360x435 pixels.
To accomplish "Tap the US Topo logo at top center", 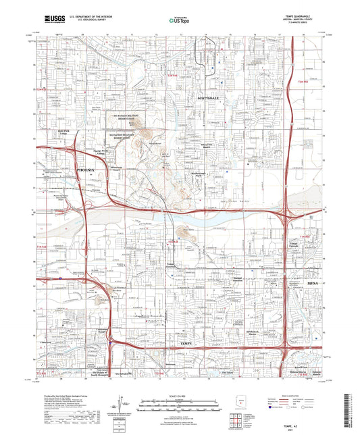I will click(180, 21).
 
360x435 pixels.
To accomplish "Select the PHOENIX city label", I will click(86, 171).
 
